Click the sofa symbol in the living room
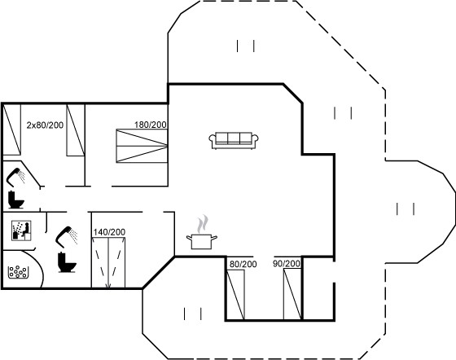pyautogui.click(x=234, y=141)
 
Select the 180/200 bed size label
pyautogui.click(x=151, y=125)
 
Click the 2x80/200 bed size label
pyautogui.click(x=45, y=125)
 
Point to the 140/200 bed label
pyautogui.click(x=109, y=232)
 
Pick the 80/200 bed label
pyautogui.click(x=243, y=264)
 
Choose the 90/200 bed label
pyautogui.click(x=287, y=264)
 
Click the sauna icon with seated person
pyautogui.click(x=21, y=230)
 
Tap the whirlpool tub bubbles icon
pyautogui.click(x=18, y=272)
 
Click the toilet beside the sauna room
pyautogui.click(x=67, y=262)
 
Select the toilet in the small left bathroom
pyautogui.click(x=15, y=200)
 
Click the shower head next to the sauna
pyautogui.click(x=67, y=235)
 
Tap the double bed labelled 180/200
pyautogui.click(x=142, y=146)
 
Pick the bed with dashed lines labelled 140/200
pyautogui.click(x=108, y=262)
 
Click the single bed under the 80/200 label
pyautogui.click(x=235, y=294)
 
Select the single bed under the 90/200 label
pyautogui.click(x=292, y=294)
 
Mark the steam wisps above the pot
pyautogui.click(x=203, y=224)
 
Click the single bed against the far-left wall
pyautogui.click(x=12, y=130)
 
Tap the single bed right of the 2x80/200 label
pyautogui.click(x=76, y=130)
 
